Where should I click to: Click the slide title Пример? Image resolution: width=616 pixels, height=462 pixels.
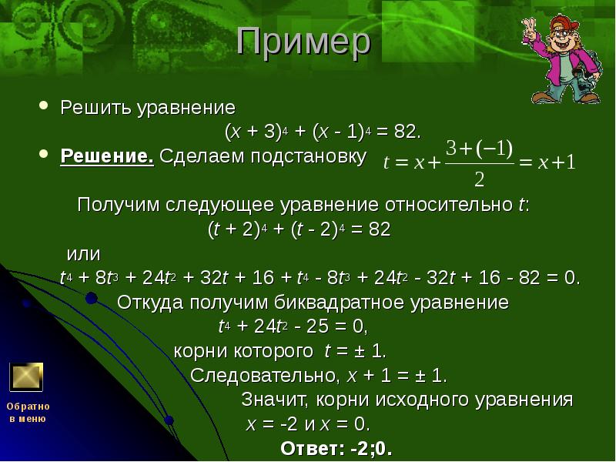[303, 43]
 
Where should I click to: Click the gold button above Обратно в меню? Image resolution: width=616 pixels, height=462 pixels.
[25, 377]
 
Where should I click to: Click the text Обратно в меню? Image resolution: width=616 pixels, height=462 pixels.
[28, 412]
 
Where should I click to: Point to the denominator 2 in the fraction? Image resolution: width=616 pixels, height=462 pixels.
[479, 179]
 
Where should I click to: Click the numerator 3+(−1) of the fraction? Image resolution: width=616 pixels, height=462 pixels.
[480, 148]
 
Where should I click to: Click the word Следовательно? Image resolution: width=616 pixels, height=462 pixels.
[262, 376]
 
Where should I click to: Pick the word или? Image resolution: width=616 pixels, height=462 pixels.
[84, 253]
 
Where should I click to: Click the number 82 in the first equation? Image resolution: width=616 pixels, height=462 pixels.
[405, 131]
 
